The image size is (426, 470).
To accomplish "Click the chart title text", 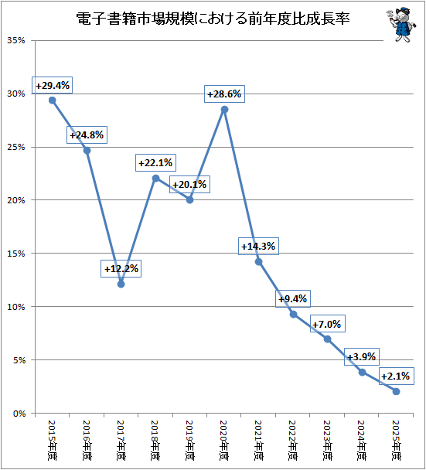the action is [x=213, y=19].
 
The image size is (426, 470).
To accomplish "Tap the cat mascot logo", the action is [x=400, y=25].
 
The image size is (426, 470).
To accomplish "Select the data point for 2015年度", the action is [x=52, y=100].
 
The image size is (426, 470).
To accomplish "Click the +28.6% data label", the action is [x=224, y=94].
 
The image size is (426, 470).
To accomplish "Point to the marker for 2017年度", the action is [x=121, y=284].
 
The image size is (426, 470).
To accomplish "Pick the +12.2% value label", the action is [x=121, y=268].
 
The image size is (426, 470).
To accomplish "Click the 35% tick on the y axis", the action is [x=16, y=40].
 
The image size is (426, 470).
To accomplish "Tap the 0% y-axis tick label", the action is [x=19, y=414].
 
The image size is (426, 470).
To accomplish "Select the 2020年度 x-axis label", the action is [x=224, y=440].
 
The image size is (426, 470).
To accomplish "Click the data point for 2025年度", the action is [x=396, y=391].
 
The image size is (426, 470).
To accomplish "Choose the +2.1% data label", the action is [x=397, y=376].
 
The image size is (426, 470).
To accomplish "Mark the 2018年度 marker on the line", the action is [x=155, y=179].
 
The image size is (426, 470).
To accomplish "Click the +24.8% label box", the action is [x=87, y=135].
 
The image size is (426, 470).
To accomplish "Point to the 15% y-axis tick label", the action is [x=16, y=254].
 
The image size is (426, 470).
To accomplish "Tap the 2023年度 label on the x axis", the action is [x=327, y=440].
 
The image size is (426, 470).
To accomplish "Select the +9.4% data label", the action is [x=293, y=299].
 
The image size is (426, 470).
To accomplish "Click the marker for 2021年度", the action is [x=259, y=262].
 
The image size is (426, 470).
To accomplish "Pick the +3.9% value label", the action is [x=362, y=356].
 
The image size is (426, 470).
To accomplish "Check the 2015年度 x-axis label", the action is [x=52, y=440].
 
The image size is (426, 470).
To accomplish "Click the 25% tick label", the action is [x=16, y=147].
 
